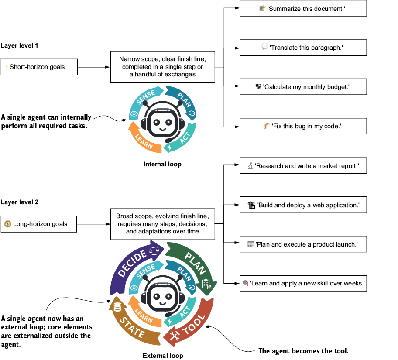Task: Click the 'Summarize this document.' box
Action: coord(303,8)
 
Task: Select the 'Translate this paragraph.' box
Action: coord(303,48)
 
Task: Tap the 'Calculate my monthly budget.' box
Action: coord(303,87)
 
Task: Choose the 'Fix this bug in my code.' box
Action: coord(303,126)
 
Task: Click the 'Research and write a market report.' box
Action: coord(303,165)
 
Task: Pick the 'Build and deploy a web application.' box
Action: coord(303,205)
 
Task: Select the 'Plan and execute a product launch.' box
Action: coord(303,244)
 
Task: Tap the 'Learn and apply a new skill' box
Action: coord(303,283)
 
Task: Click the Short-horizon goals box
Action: coord(39,67)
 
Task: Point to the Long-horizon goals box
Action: coord(39,224)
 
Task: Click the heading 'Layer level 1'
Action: coord(19,45)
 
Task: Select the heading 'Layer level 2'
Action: coord(20,202)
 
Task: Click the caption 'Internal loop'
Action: coord(162,164)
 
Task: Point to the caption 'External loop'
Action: coord(163,356)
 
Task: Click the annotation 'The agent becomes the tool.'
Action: coord(303,351)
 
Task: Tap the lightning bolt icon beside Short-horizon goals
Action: coord(7,67)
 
